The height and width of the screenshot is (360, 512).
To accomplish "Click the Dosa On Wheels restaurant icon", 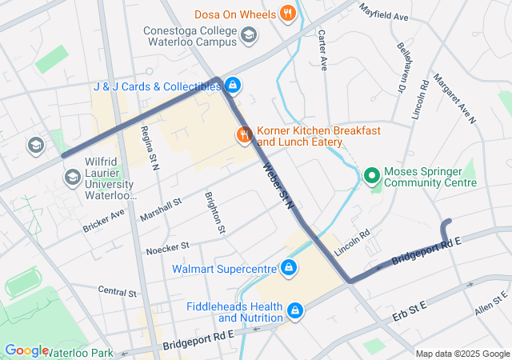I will (287, 14).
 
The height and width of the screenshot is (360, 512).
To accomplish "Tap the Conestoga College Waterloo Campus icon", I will (250, 34).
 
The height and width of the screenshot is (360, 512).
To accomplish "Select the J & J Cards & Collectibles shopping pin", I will (232, 84).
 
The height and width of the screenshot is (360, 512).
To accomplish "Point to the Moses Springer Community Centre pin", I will (371, 174).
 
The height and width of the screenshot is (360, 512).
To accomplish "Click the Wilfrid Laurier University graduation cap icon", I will (73, 177).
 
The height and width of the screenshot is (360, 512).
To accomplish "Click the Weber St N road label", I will (279, 186).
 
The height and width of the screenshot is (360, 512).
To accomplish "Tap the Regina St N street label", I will (149, 147).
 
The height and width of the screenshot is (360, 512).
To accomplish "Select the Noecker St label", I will (166, 248).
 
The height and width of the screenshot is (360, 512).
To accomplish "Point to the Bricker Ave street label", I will (103, 222).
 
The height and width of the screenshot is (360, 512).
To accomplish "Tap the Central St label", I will (118, 290).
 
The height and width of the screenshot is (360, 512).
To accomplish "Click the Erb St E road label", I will (411, 313).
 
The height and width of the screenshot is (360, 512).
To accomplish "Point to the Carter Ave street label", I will (322, 50).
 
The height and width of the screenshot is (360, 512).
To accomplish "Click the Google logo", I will (26, 350).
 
